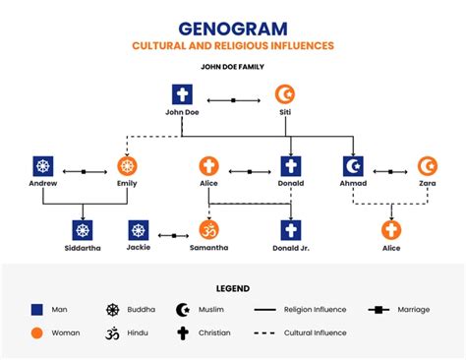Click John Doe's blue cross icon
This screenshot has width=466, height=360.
(x=182, y=95)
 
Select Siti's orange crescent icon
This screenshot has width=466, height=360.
(x=284, y=95)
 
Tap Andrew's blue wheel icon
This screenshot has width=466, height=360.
(x=44, y=166)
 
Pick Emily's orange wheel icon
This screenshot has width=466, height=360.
(x=127, y=166)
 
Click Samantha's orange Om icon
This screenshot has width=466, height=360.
(x=208, y=230)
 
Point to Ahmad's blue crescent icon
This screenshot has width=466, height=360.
(x=354, y=166)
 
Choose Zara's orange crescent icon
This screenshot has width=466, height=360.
(x=427, y=166)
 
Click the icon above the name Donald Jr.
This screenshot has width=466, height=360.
(x=291, y=230)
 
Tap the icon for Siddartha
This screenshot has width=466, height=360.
(x=83, y=230)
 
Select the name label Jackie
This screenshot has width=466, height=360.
(x=139, y=249)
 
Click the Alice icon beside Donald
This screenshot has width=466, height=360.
(x=208, y=166)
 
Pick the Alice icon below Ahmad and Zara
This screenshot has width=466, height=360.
(x=391, y=230)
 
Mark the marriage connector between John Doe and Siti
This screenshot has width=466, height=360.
(x=233, y=100)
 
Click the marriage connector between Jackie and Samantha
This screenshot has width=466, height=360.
(x=173, y=236)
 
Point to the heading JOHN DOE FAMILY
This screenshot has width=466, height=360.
(x=233, y=67)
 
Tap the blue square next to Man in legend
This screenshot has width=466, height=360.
(x=37, y=310)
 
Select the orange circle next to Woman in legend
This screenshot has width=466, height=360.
(x=37, y=332)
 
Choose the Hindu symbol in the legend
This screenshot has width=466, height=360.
(x=112, y=332)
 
